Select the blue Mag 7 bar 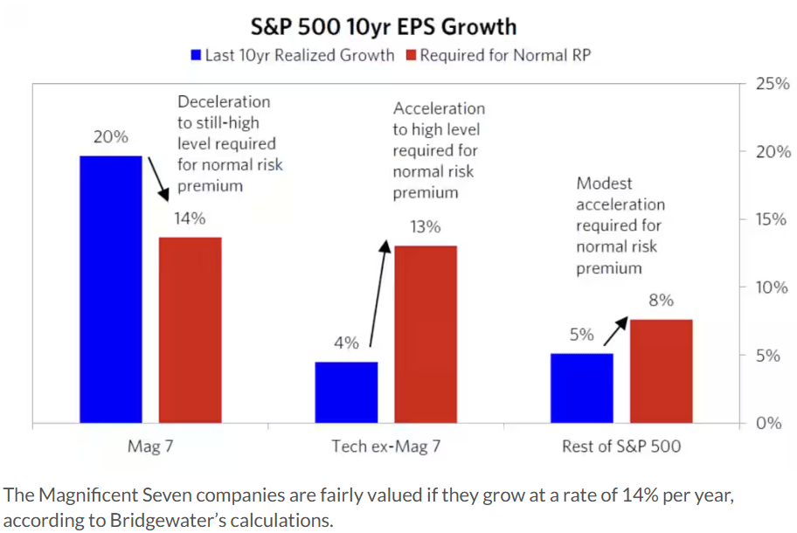tap(111, 289)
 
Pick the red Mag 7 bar tap(190, 330)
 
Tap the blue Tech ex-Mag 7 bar tap(347, 392)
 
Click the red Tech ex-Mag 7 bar tap(426, 335)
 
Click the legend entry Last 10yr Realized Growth tap(293, 56)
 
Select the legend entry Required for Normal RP tap(500, 56)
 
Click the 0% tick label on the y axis tap(767, 424)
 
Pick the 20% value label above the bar tap(111, 137)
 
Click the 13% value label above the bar tap(426, 227)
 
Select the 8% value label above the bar tap(661, 300)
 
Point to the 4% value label tap(347, 343)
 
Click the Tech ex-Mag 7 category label tap(385, 447)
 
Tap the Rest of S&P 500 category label tap(620, 447)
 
